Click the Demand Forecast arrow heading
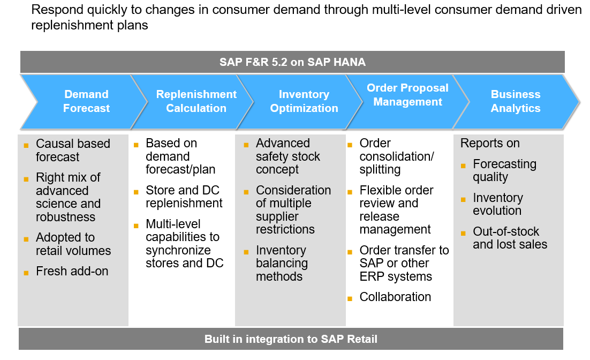point(86,101)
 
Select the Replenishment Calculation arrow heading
point(196,101)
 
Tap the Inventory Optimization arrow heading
point(304,101)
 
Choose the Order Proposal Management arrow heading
point(407,95)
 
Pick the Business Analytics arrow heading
point(516,101)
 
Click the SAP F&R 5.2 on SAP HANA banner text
point(292,62)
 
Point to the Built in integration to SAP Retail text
point(291,339)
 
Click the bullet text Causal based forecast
point(73,151)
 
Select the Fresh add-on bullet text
point(72,272)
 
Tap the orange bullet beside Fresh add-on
point(26,273)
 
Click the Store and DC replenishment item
point(184,197)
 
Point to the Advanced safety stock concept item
point(288,156)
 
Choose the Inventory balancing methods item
point(282,264)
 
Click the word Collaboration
point(395,297)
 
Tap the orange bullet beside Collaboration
point(350,298)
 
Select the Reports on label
point(490,144)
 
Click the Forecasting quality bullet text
point(504,171)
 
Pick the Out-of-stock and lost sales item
point(510,238)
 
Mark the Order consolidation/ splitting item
point(396,156)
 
